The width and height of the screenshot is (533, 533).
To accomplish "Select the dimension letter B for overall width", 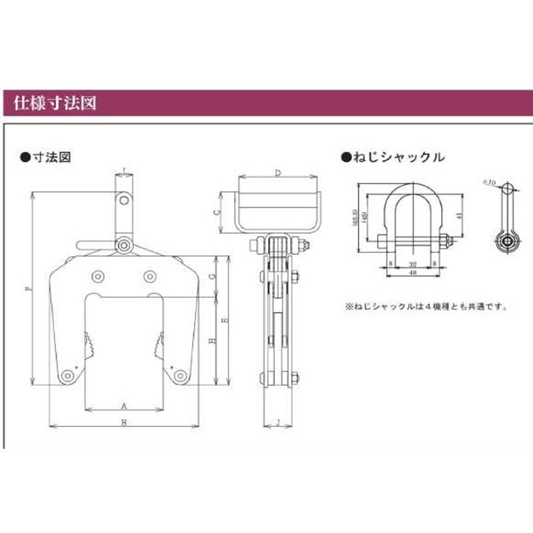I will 124,422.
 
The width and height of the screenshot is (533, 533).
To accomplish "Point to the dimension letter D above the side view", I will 276,173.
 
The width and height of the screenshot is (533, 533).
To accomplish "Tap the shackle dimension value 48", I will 413,273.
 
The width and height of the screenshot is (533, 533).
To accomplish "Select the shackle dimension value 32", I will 413,264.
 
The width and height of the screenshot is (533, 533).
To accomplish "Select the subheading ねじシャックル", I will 396,158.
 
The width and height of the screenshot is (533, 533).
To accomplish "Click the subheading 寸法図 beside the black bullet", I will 51,158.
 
